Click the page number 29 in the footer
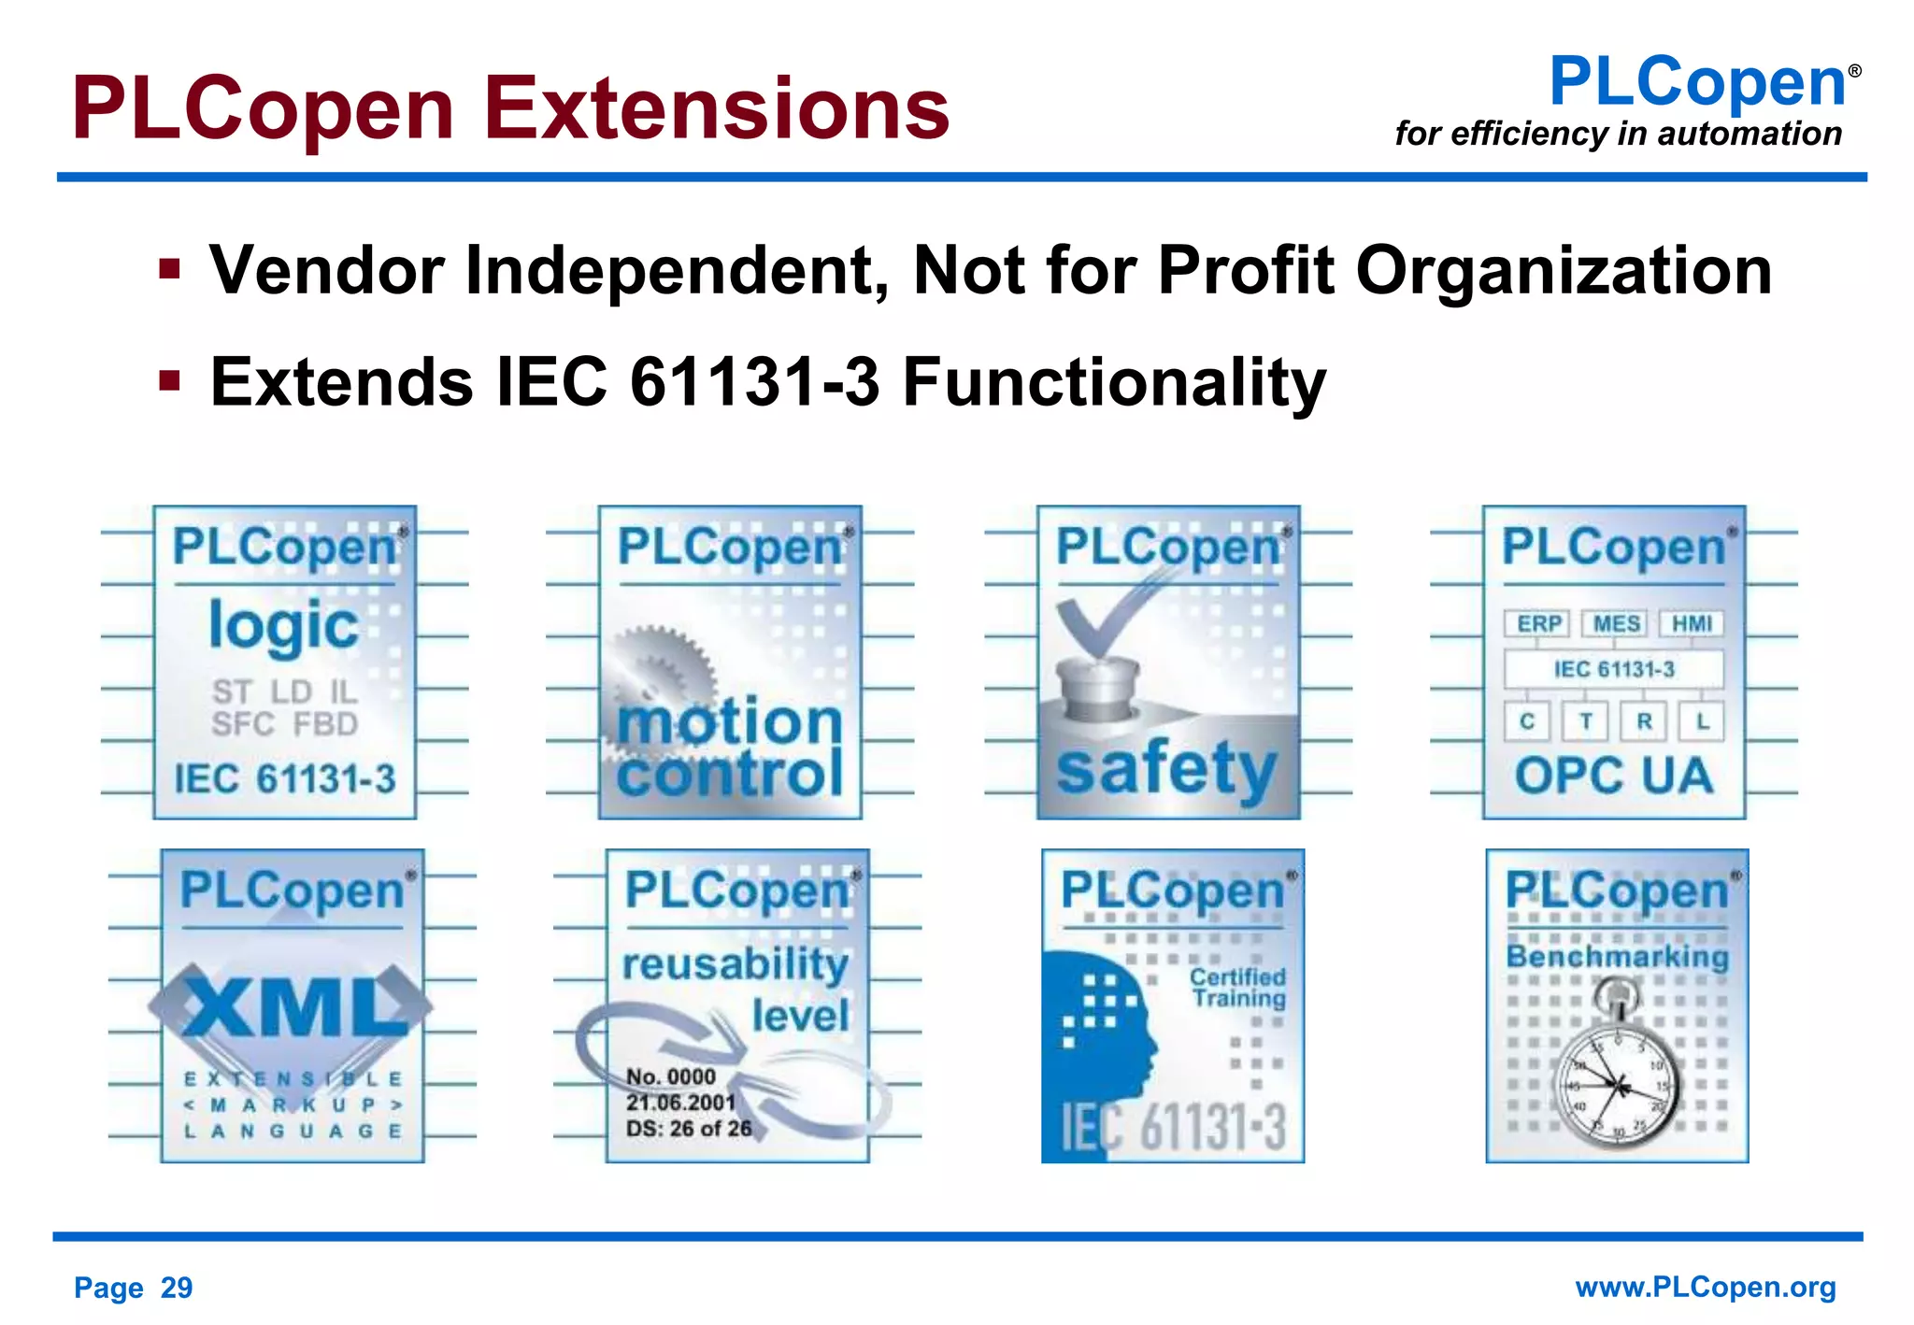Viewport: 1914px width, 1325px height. point(176,1288)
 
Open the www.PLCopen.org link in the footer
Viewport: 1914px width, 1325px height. point(1705,1287)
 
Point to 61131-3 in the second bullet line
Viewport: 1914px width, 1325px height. point(755,382)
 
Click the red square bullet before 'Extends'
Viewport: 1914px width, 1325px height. point(169,381)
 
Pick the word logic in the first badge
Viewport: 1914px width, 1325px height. point(283,626)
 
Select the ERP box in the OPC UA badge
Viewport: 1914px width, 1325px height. point(1538,623)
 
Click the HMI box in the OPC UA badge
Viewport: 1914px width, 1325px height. point(1692,623)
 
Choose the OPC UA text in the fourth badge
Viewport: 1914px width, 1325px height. point(1613,776)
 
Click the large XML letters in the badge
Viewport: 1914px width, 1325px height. point(293,1007)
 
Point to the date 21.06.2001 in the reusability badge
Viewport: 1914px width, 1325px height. point(680,1103)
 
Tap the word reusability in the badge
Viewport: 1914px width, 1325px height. point(736,963)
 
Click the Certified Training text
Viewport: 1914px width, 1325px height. point(1237,988)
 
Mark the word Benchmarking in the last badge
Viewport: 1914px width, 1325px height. point(1617,956)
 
